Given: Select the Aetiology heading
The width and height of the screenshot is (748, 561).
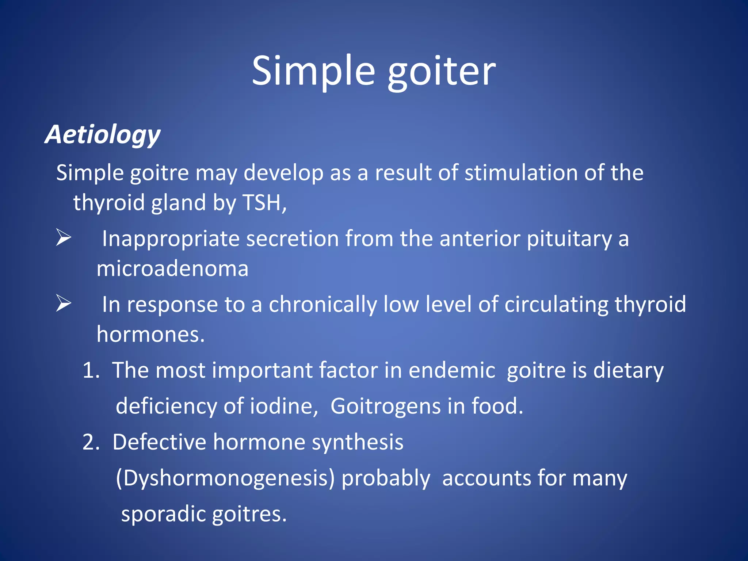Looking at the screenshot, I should pyautogui.click(x=103, y=135).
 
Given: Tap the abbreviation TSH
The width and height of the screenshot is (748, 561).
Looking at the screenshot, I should pyautogui.click(x=262, y=203).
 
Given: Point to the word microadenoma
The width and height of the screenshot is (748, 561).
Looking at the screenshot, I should pyautogui.click(x=172, y=269).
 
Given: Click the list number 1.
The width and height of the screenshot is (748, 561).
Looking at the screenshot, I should pyautogui.click(x=90, y=370).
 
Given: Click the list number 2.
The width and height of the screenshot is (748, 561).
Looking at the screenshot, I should pyautogui.click(x=91, y=442).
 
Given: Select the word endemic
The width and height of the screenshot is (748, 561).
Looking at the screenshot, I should pyautogui.click(x=452, y=370).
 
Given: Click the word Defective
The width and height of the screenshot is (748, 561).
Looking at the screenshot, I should pyautogui.click(x=159, y=442).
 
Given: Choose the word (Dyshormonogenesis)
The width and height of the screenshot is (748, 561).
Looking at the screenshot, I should pyautogui.click(x=225, y=479).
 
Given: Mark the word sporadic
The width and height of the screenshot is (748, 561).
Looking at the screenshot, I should pyautogui.click(x=163, y=515).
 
